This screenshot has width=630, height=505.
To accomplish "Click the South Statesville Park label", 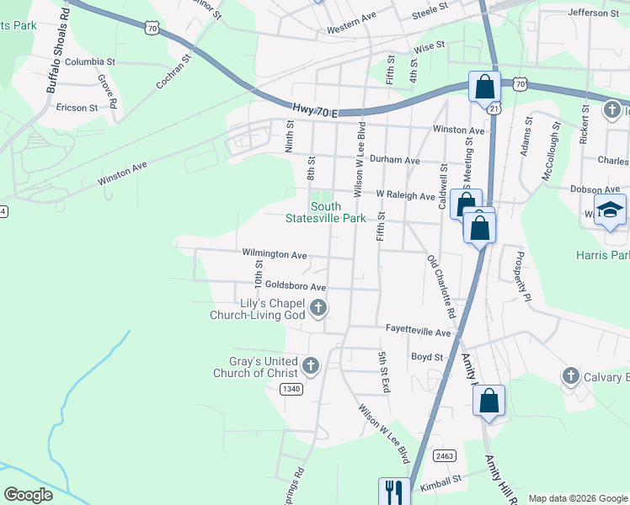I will pos(337,212).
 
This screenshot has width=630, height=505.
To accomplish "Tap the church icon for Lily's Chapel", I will pos(318,309).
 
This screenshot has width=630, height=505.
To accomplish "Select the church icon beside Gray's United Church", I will pos(311,366).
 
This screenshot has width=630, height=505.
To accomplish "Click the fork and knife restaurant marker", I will pos(394,490).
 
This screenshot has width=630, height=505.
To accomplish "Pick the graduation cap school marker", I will pos(611,211).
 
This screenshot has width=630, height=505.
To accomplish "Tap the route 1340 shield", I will pos(291,388).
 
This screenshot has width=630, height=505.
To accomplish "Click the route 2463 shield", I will pos(445,455).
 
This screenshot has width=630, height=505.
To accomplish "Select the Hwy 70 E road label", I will pos(315,110).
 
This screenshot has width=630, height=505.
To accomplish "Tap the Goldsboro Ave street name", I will pos(295,287).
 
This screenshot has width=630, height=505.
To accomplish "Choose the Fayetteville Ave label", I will pos(419,332).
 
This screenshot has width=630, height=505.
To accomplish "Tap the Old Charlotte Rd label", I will pos(441,287).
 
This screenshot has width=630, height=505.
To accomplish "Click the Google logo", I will pos(29,494).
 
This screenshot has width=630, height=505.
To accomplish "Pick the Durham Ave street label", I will pos(394,160).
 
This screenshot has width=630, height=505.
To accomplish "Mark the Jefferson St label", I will pos(593,13).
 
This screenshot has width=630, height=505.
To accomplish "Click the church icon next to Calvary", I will pos(570,375).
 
